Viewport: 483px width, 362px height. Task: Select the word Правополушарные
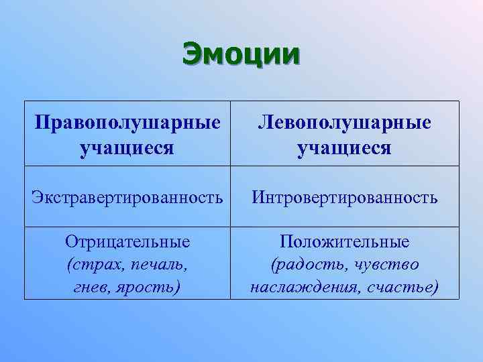(x=127, y=124)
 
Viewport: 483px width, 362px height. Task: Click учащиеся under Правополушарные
(x=127, y=147)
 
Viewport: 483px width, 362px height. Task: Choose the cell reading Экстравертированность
(x=127, y=198)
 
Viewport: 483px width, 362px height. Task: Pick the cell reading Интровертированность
(x=345, y=198)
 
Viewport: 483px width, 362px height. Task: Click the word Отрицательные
(x=127, y=242)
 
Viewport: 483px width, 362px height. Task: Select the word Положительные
(x=345, y=242)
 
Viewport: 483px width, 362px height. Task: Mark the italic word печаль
(x=159, y=265)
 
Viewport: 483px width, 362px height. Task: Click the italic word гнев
(x=92, y=288)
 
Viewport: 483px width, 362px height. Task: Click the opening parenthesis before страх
(x=70, y=265)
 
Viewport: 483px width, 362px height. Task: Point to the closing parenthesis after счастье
(x=437, y=288)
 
